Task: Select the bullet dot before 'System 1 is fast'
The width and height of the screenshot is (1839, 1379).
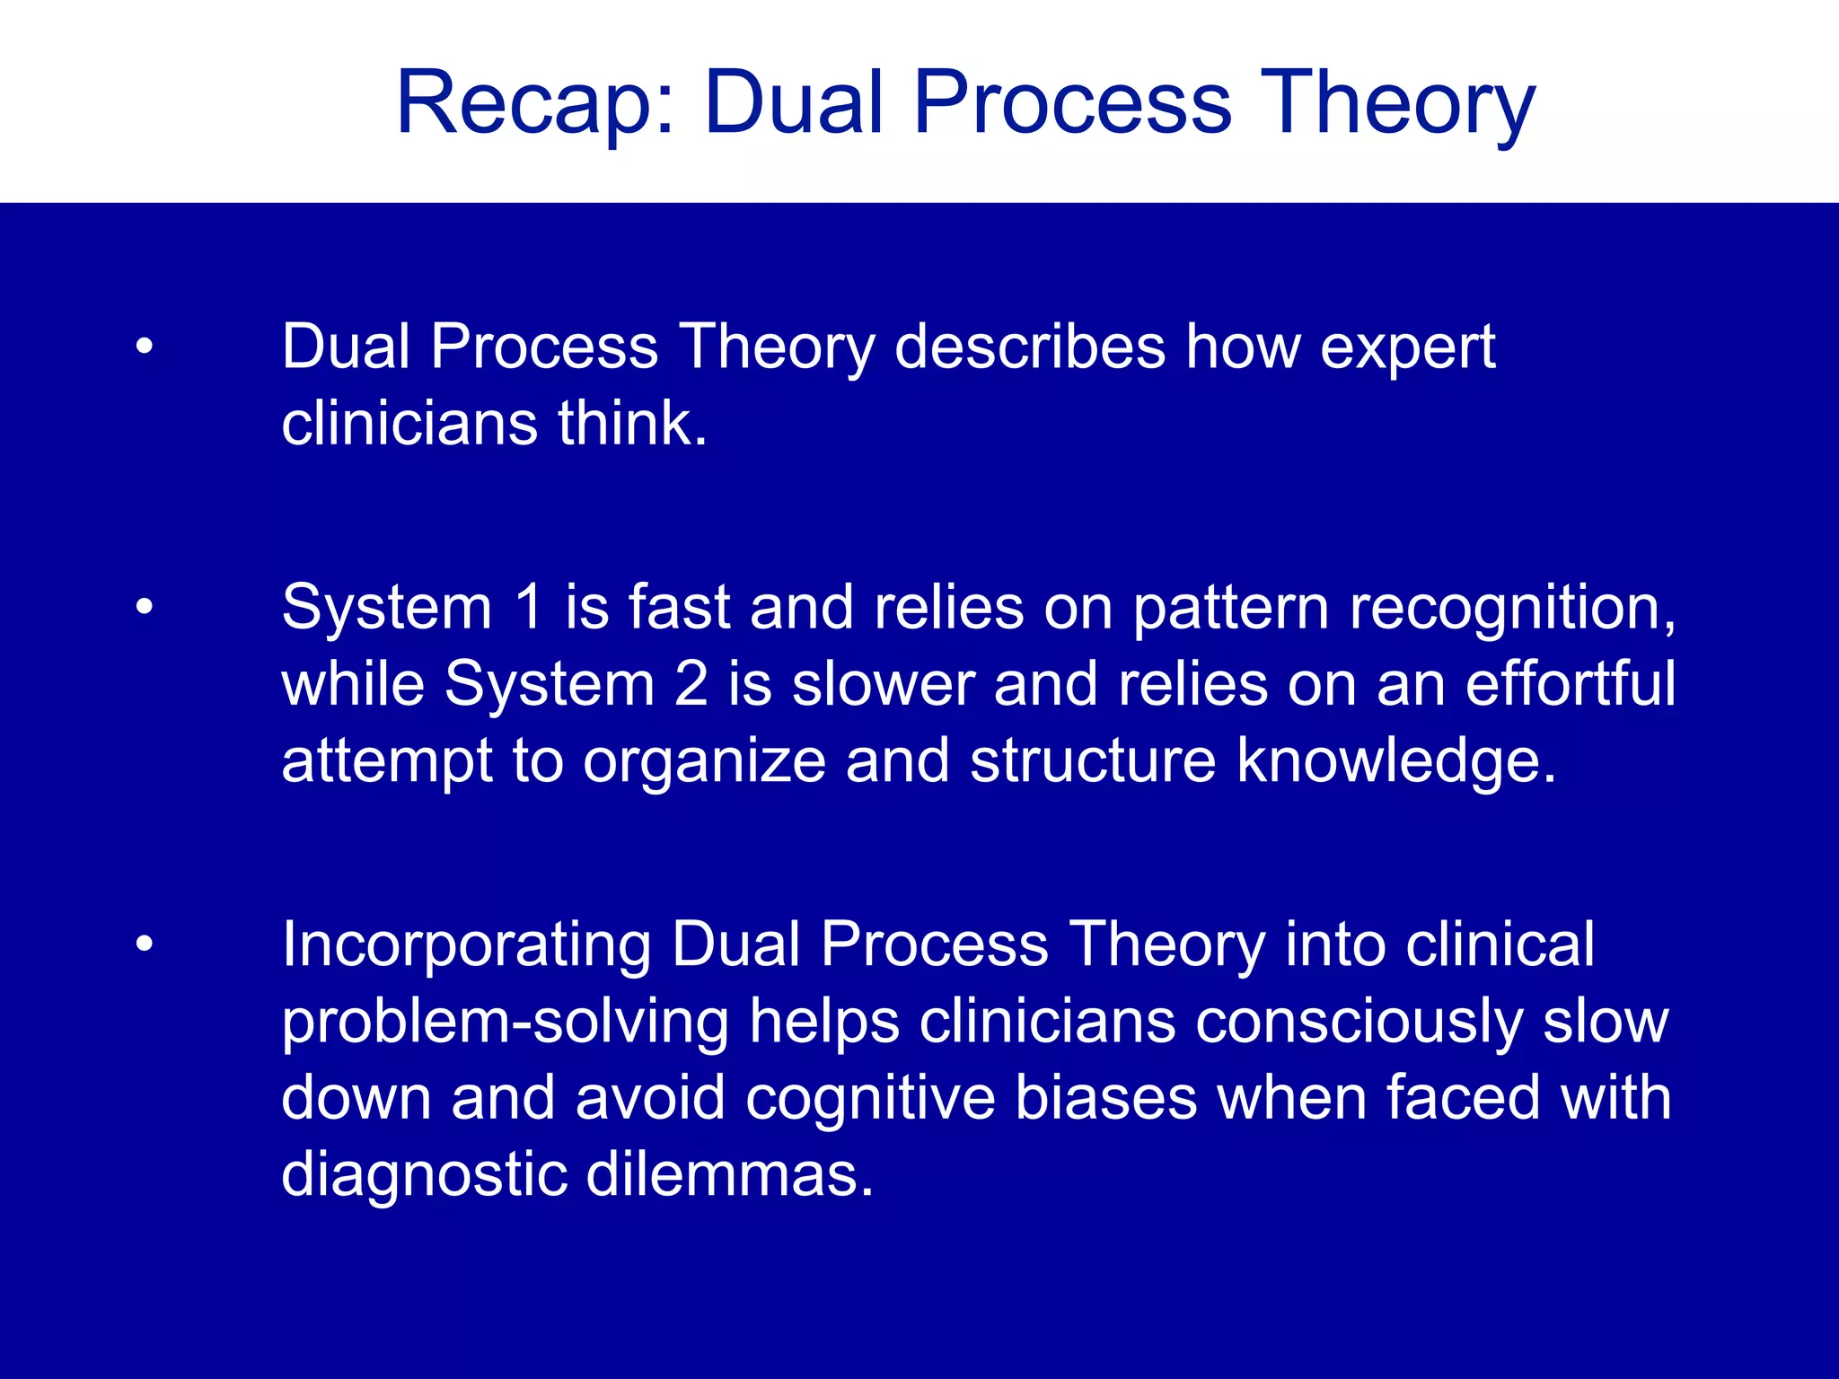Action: pyautogui.click(x=145, y=609)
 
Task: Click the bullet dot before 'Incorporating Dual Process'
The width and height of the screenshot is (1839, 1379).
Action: pyautogui.click(x=145, y=945)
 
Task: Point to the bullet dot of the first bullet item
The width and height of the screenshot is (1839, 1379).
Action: pyautogui.click(x=145, y=347)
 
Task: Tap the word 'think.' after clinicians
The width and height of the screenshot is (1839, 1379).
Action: pyautogui.click(x=632, y=424)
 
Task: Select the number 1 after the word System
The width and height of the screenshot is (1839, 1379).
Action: pyautogui.click(x=528, y=608)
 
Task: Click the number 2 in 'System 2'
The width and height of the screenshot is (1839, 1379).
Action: pyautogui.click(x=691, y=684)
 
